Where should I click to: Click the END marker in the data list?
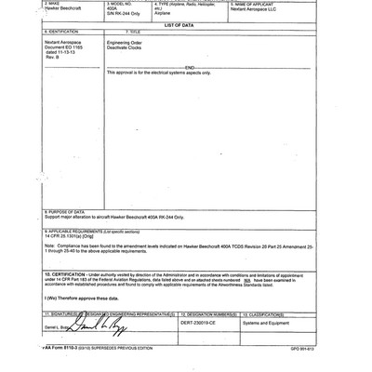(x=189, y=67)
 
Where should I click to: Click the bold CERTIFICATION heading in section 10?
(x=66, y=275)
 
